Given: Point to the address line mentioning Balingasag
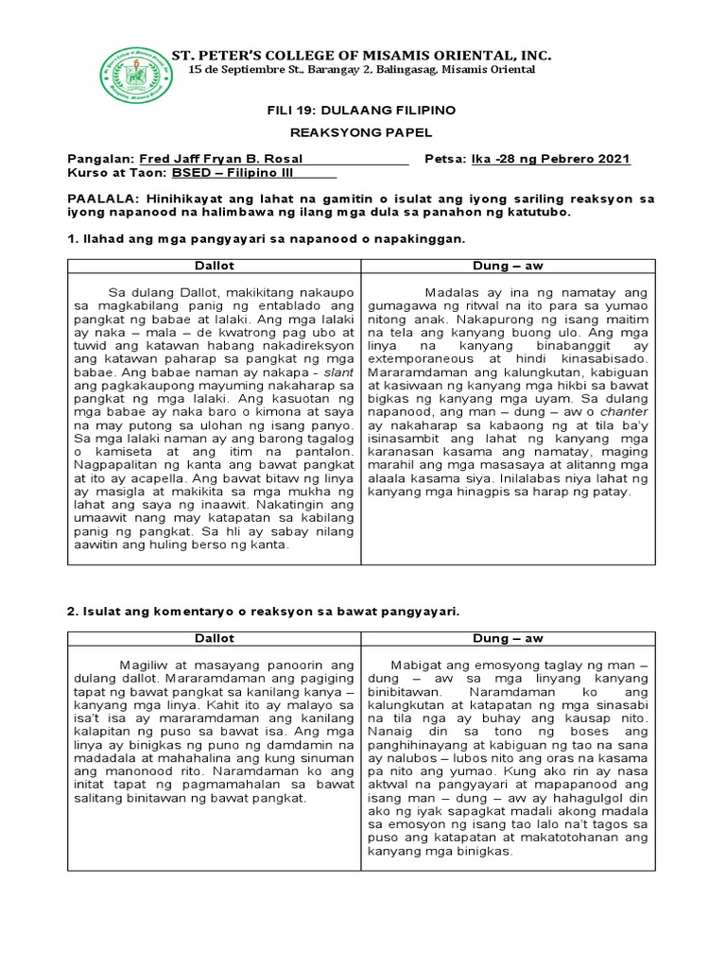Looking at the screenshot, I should [x=363, y=71].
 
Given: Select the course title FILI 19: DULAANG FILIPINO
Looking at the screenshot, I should [x=362, y=112].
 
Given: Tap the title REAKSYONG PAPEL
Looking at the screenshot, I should [x=362, y=134].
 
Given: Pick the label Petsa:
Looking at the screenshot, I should [x=446, y=159].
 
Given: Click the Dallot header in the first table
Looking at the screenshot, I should [x=214, y=267].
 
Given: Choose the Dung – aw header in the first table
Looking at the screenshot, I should [x=508, y=267].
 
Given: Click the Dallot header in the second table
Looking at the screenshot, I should [x=214, y=639].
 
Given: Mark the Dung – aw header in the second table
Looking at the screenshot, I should [x=508, y=639].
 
